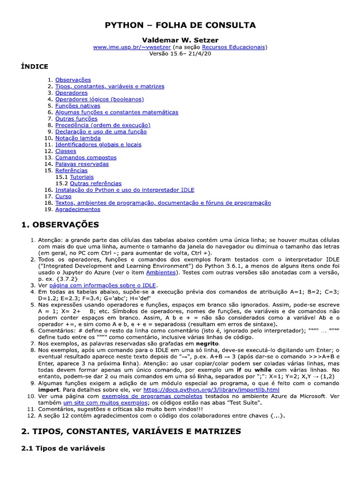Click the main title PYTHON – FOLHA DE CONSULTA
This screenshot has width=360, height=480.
[x=180, y=25]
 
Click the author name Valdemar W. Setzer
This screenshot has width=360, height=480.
[x=180, y=40]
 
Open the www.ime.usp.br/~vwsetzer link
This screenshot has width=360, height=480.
[x=132, y=47]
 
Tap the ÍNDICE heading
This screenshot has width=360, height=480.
[x=35, y=67]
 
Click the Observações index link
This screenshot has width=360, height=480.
[x=73, y=80]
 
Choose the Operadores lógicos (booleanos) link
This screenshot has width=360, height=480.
[x=99, y=99]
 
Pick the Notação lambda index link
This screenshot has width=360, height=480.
[x=78, y=138]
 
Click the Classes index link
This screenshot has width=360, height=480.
[x=66, y=151]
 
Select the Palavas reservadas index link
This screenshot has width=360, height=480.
[x=82, y=164]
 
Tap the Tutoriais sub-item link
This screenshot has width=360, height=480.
[x=82, y=177]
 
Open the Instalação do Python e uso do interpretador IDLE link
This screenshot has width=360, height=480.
[x=125, y=190]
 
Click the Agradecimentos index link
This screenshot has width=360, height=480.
[x=78, y=210]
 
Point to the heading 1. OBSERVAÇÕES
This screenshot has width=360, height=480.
[x=60, y=225]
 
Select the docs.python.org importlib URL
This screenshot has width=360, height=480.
[x=211, y=390]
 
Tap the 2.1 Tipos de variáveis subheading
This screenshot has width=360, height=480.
[x=63, y=449]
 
